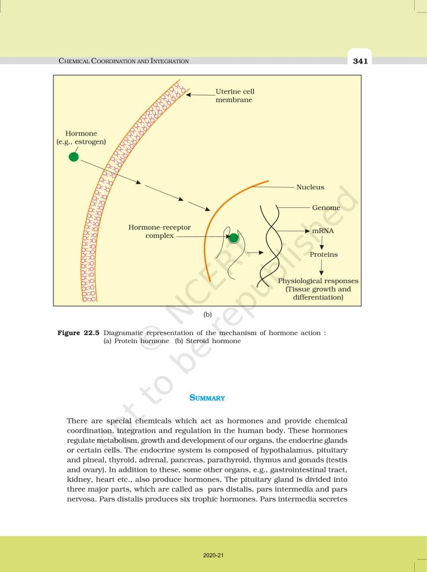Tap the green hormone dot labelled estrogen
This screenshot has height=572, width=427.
tap(73, 158)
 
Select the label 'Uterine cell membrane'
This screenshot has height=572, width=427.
tap(235, 96)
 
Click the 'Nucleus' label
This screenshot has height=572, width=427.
tap(310, 187)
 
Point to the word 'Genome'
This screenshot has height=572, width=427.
tap(326, 207)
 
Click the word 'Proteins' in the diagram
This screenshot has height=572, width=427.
tap(324, 254)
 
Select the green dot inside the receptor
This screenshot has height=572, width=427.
tap(234, 239)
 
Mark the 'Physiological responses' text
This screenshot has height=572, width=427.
tap(318, 281)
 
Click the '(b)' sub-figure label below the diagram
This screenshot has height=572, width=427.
tap(207, 315)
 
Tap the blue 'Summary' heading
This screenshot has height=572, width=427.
tap(207, 398)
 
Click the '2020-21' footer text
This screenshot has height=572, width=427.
tap(213, 555)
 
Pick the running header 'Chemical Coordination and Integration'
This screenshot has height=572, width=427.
tap(124, 61)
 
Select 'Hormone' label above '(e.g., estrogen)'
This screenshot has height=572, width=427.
tap(81, 134)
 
